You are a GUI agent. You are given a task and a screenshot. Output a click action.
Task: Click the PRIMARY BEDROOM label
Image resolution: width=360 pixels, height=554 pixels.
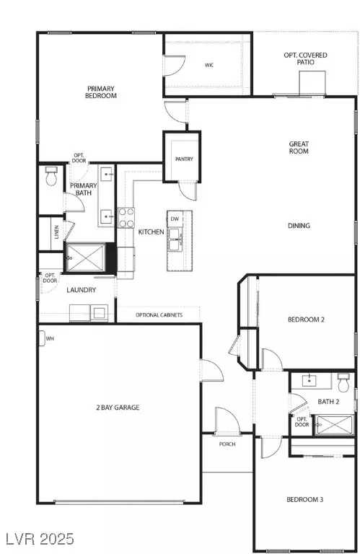click(x=100, y=92)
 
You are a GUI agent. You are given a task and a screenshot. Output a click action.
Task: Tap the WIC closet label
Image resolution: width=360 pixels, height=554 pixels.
click(x=208, y=66)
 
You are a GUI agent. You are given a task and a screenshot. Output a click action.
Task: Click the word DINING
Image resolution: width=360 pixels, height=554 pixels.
click(x=298, y=226)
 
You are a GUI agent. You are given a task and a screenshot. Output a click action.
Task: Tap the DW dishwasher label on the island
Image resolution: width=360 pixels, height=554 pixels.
click(x=175, y=219)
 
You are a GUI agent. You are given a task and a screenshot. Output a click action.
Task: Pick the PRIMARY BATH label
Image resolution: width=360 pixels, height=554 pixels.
click(x=82, y=190)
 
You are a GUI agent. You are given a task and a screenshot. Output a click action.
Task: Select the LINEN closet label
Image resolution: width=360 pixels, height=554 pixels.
click(x=56, y=232)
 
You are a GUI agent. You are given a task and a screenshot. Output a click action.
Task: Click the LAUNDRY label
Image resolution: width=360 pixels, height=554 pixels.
click(x=81, y=291)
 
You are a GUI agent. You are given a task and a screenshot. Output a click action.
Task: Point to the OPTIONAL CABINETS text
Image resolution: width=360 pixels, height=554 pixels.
click(x=159, y=315)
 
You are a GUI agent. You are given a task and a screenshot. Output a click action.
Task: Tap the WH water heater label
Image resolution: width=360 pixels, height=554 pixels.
click(x=50, y=338)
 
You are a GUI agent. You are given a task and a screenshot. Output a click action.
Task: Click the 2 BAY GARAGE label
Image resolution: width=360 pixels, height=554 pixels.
click(x=117, y=408)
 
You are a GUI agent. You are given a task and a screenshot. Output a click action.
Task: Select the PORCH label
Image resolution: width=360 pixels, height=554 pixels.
click(x=227, y=444)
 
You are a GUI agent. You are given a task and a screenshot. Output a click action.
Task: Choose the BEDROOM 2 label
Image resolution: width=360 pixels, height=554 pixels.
click(x=307, y=320)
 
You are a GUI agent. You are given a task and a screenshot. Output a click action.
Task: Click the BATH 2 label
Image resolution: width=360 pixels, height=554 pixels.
click(x=328, y=402)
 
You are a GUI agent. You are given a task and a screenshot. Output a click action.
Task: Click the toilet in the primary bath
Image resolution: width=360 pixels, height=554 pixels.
click(x=51, y=177)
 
